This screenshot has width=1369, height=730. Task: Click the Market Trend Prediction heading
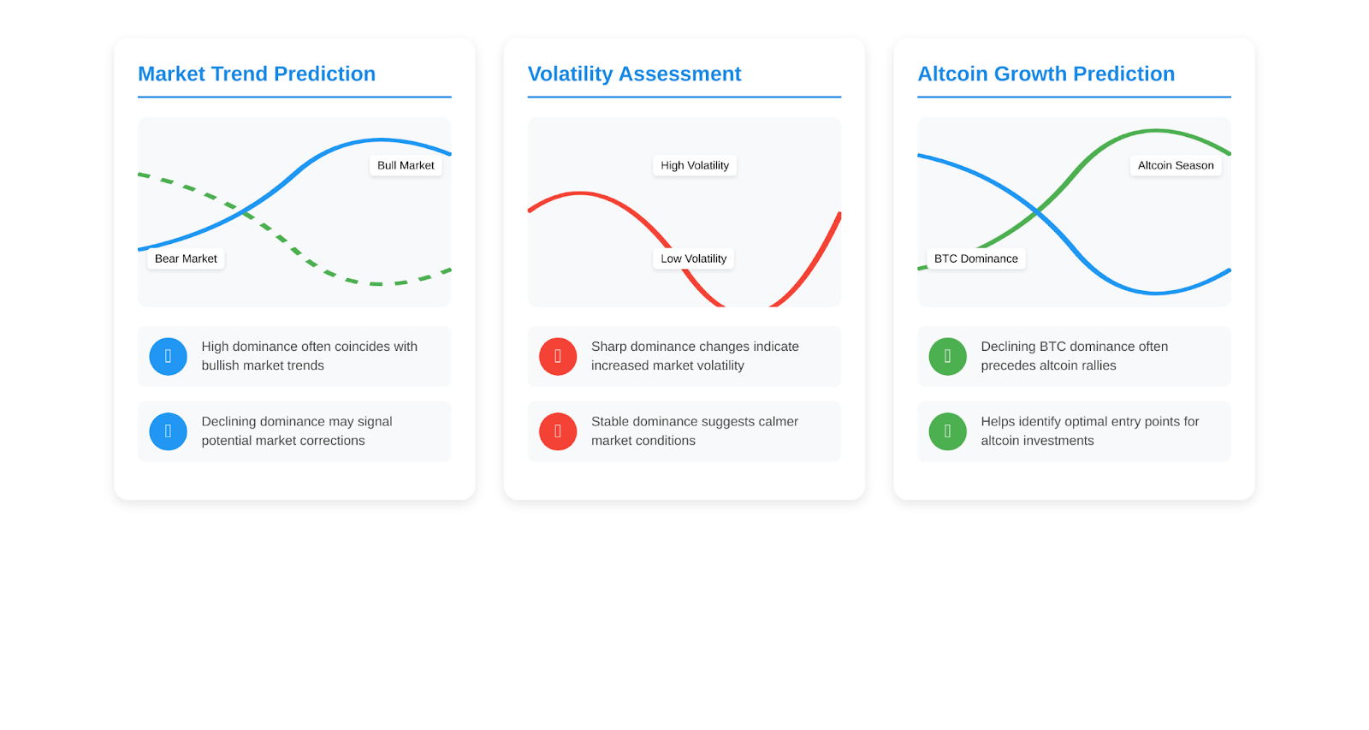[x=257, y=74]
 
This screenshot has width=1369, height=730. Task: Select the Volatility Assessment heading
[x=634, y=74]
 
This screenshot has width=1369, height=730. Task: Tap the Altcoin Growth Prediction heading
[x=1046, y=74]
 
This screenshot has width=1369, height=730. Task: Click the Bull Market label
[x=406, y=165]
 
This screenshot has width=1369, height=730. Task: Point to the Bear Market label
[x=186, y=258]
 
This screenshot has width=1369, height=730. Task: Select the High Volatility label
[x=695, y=165]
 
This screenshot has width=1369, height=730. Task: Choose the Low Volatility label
[x=694, y=258]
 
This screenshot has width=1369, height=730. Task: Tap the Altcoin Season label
[x=1176, y=165]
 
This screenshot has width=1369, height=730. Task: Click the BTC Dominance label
[x=976, y=258]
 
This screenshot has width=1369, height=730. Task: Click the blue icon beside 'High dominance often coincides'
[x=168, y=356]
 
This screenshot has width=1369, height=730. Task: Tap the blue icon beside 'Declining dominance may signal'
[x=168, y=431]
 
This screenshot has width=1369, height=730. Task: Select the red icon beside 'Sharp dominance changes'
[x=558, y=356]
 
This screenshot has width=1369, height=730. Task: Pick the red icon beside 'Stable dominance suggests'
[x=558, y=431]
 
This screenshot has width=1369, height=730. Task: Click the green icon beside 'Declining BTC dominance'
[x=948, y=356]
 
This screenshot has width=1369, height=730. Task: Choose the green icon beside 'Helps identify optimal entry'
[x=948, y=431]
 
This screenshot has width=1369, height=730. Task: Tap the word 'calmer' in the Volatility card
[x=778, y=422]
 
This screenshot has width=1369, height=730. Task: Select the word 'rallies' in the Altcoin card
[x=1097, y=365]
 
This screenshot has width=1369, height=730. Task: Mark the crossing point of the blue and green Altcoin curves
[x=1037, y=213]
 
